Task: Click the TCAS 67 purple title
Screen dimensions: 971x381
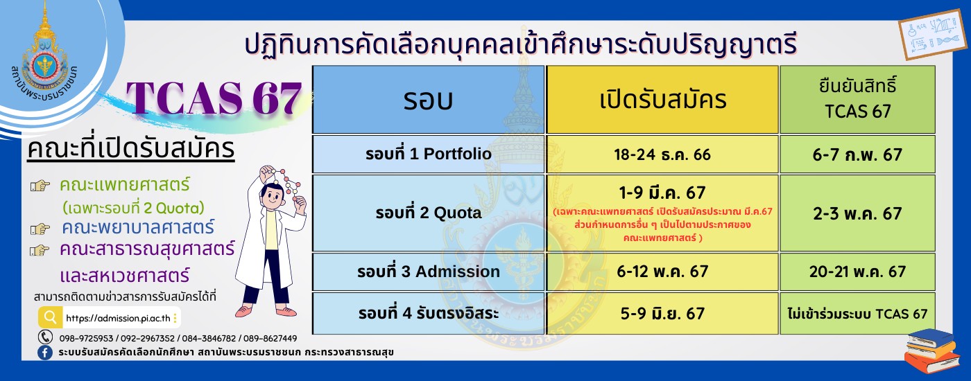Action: click(214, 98)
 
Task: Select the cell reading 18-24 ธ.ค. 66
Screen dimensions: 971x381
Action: click(662, 154)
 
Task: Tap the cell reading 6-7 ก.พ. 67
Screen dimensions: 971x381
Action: click(857, 154)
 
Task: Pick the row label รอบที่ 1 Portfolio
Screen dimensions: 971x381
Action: click(429, 154)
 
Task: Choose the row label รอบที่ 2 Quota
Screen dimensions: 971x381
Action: click(429, 213)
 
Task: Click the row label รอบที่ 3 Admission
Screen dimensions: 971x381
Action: click(429, 272)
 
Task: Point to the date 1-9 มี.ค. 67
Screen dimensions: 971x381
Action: click(662, 193)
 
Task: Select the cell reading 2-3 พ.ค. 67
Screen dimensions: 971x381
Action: click(857, 213)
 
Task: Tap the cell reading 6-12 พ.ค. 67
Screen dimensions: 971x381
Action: click(662, 272)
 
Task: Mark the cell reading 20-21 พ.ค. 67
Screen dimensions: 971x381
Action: click(857, 272)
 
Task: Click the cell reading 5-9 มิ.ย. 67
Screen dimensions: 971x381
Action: click(662, 313)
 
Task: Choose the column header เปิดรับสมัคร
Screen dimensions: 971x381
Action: click(662, 100)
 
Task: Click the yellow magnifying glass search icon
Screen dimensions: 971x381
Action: click(50, 317)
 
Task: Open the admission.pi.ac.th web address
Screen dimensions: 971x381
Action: click(118, 318)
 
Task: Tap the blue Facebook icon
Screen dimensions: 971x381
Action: click(45, 353)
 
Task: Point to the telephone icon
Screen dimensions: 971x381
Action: click(45, 337)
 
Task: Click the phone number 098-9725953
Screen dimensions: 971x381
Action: click(86, 338)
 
